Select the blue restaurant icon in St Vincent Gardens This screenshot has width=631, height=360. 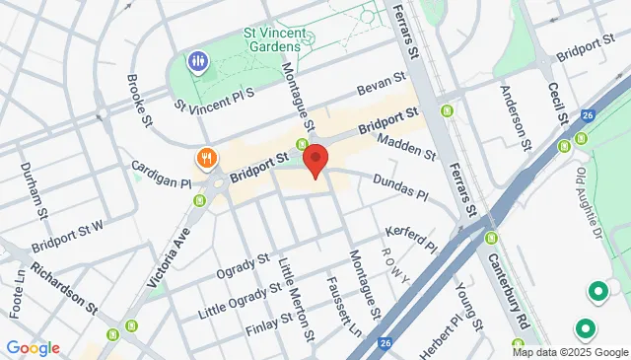point(198,62)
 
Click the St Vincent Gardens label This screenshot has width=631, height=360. point(272,37)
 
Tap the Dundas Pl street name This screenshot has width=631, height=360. point(399,187)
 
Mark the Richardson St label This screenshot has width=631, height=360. point(63,285)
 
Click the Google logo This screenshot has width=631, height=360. point(33,347)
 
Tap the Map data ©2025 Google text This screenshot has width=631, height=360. point(570,352)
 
